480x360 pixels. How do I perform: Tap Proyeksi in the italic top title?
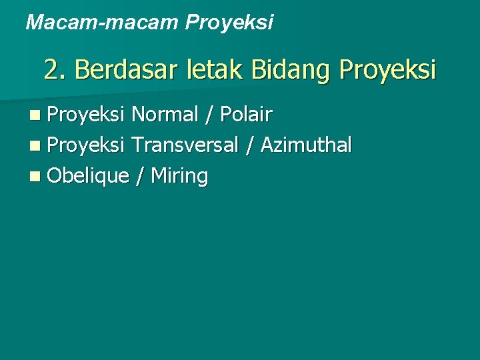point(229,23)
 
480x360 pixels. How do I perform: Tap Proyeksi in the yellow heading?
point(387,70)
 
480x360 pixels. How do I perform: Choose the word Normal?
point(165,115)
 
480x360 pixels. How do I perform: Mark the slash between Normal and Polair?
point(209,115)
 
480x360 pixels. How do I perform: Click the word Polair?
point(245,115)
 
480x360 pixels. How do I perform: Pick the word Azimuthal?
point(306,145)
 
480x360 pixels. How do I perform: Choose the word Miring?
point(180,177)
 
